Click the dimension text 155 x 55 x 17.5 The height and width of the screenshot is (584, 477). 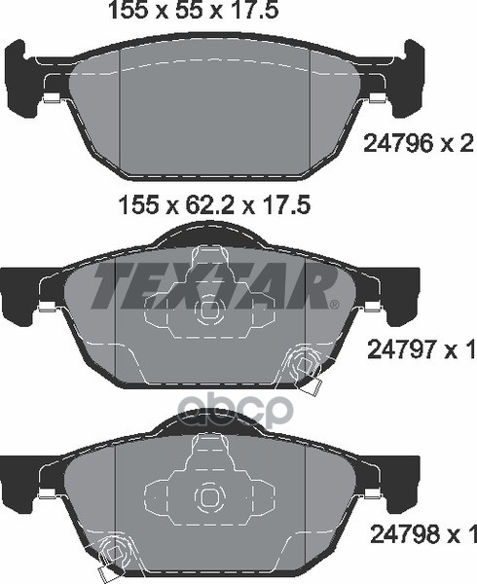[193, 10]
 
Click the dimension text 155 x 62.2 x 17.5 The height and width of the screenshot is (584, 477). [214, 205]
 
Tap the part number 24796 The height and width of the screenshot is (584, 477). [398, 143]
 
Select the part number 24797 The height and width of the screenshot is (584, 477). [402, 350]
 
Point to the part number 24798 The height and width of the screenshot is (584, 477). [405, 534]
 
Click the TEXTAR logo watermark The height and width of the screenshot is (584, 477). [214, 286]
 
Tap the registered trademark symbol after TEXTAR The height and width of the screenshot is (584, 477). [335, 305]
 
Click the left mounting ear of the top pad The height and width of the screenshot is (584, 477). [17, 76]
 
